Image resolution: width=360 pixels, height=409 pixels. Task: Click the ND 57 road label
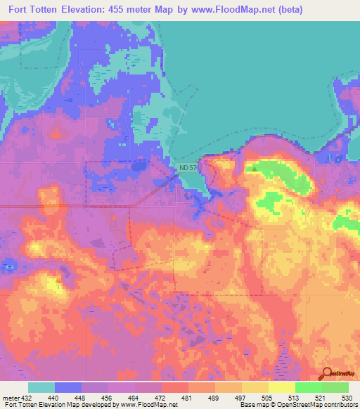pyautogui.click(x=187, y=168)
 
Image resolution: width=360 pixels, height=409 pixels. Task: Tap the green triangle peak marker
pyautogui.click(x=254, y=169)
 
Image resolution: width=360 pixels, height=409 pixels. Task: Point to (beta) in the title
pyautogui.click(x=332, y=10)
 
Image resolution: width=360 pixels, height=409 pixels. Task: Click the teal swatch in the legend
pyautogui.click(x=41, y=387)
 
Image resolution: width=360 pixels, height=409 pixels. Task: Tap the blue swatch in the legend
pyautogui.click(x=68, y=387)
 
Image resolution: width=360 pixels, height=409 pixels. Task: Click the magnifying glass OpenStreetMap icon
pyautogui.click(x=326, y=374)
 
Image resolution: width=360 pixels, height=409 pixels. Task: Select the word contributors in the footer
pyautogui.click(x=338, y=405)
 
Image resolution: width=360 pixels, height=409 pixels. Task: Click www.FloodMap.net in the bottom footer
pyautogui.click(x=150, y=405)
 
